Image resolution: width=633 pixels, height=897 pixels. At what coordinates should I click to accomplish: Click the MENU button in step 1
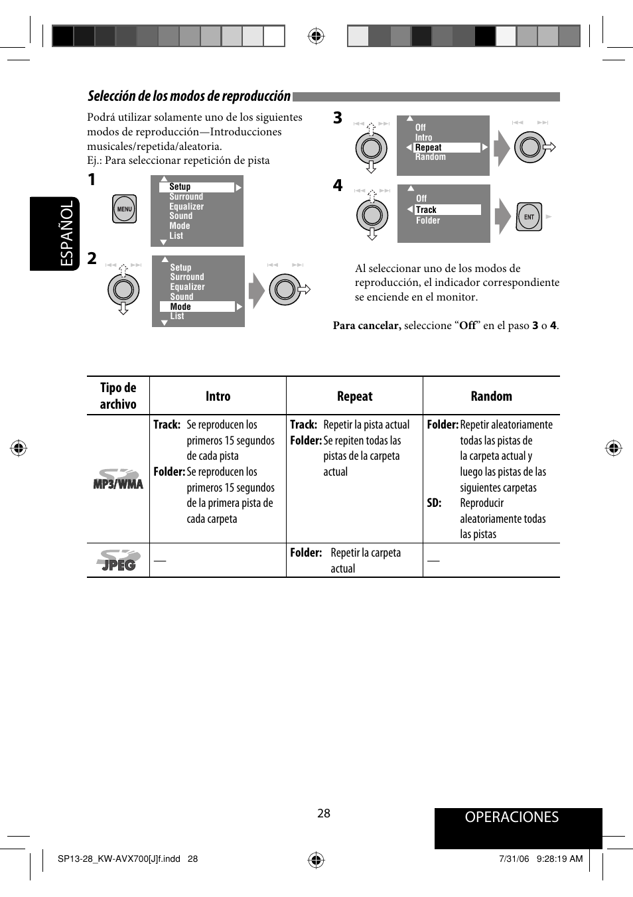[x=124, y=209]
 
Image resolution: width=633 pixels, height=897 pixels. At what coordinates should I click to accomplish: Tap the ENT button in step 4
[x=529, y=216]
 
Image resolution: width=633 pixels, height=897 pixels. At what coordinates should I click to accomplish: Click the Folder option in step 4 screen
[x=428, y=220]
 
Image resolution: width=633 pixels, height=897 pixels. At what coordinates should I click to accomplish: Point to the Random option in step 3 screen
[x=431, y=157]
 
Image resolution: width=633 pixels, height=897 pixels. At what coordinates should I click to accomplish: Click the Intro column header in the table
[x=218, y=396]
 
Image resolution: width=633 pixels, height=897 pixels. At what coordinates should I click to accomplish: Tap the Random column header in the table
[x=491, y=396]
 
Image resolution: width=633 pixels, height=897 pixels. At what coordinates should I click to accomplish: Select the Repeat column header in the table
[x=354, y=396]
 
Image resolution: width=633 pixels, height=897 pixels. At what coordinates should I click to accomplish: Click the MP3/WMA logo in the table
[x=118, y=479]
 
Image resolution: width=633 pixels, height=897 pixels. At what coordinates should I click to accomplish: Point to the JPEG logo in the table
[x=118, y=561]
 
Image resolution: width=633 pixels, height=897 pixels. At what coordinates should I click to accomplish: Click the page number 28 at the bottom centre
[x=324, y=813]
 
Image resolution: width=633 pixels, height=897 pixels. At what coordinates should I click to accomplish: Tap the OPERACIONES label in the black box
[x=512, y=817]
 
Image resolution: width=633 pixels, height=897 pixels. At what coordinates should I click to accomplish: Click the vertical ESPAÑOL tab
[x=66, y=234]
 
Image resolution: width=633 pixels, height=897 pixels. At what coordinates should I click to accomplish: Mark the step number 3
[x=338, y=118]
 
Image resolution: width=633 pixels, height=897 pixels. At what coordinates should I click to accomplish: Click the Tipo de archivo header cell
[x=118, y=396]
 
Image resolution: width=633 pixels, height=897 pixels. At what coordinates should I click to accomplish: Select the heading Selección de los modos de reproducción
[x=189, y=96]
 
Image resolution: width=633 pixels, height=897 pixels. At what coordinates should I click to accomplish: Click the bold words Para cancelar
[x=366, y=326]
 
